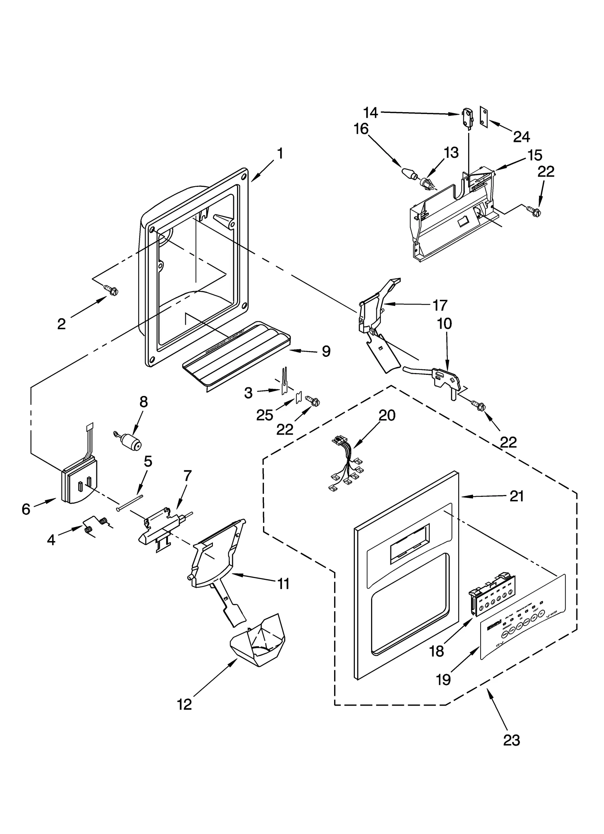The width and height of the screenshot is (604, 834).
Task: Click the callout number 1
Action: coord(280,154)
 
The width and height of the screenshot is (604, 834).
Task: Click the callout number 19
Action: coord(444,679)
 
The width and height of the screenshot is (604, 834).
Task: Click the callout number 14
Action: coord(370,112)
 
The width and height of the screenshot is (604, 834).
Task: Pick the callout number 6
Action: coord(26,509)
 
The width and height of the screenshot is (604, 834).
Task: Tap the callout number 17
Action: coord(440,305)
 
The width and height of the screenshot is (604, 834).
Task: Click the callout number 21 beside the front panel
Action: coord(516,496)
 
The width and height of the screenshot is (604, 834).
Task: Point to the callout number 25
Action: coord(264,415)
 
